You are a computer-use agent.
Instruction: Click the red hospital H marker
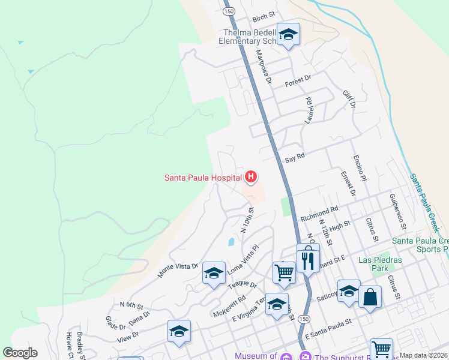coord(252,177)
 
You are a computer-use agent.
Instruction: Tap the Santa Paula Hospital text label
coord(203,178)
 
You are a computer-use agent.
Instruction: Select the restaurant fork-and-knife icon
coord(308,260)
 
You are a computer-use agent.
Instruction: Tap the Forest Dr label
coord(298,79)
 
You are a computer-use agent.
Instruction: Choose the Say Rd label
coord(295,157)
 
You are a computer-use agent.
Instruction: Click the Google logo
coord(20,353)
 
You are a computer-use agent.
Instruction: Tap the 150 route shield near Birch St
coord(228,11)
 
